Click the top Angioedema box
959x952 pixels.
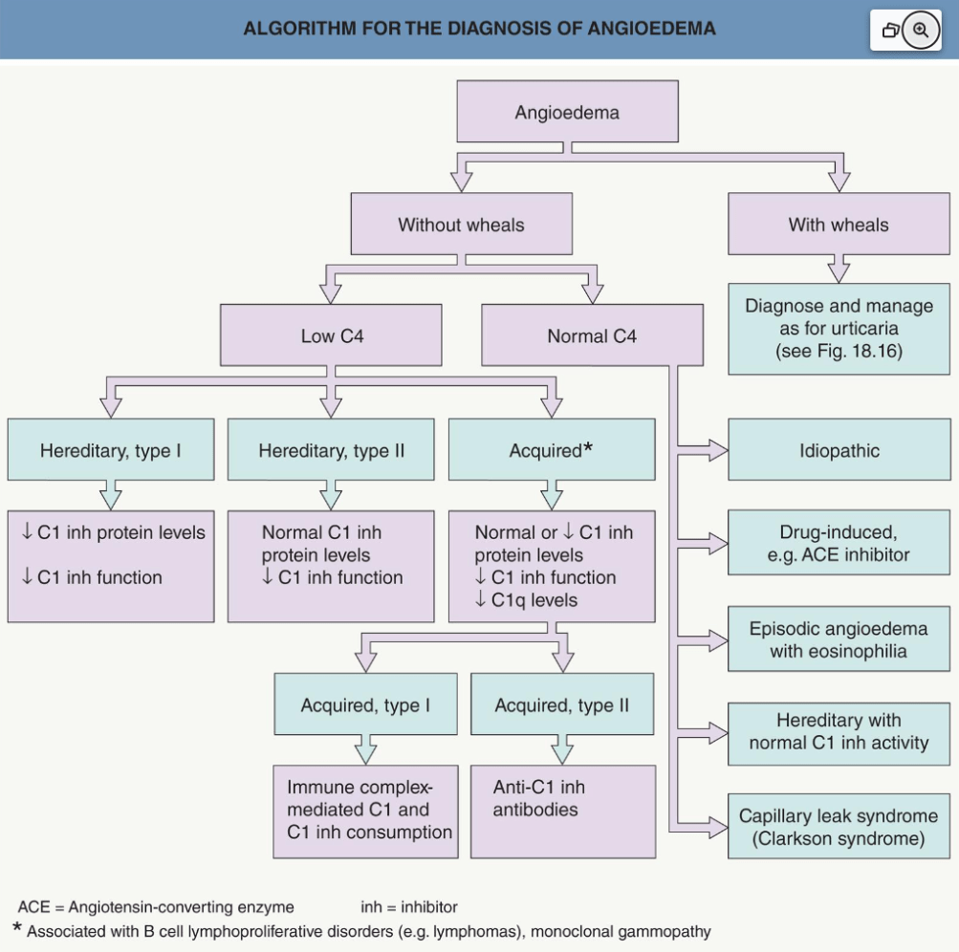(x=567, y=111)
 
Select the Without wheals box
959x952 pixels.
(x=461, y=224)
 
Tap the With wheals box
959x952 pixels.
(x=839, y=224)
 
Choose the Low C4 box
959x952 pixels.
(x=331, y=335)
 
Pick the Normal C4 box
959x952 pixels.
(x=592, y=335)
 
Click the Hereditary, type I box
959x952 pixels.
(x=111, y=449)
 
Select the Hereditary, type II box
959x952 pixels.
(x=331, y=449)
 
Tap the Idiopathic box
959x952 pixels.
(x=839, y=449)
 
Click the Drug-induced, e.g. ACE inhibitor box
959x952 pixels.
(x=839, y=543)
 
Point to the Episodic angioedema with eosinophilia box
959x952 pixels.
(x=839, y=638)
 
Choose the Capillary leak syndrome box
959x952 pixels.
(x=839, y=826)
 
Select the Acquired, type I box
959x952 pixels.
(x=365, y=703)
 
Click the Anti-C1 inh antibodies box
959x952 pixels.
(x=562, y=811)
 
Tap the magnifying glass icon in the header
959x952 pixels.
(x=921, y=30)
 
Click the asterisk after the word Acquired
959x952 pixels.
(x=588, y=447)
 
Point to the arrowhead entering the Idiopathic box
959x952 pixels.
(x=718, y=450)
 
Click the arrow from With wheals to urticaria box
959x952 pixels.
(x=839, y=269)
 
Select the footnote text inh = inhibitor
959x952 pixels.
(x=408, y=906)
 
